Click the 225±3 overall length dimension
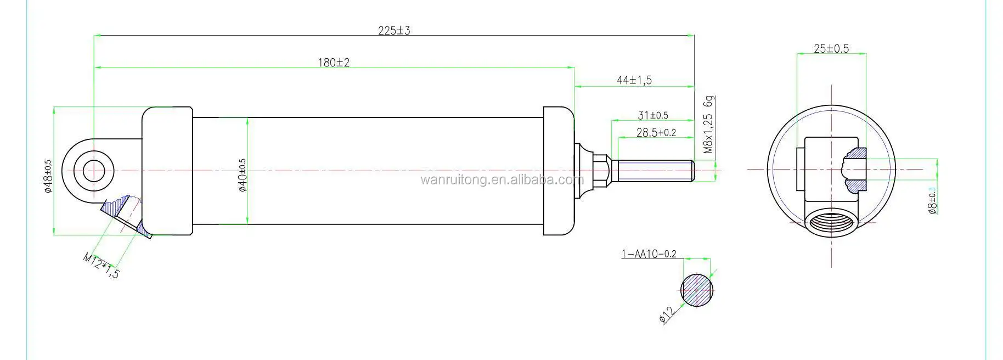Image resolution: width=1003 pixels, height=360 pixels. [x=394, y=31]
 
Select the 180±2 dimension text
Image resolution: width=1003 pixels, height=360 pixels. [x=334, y=63]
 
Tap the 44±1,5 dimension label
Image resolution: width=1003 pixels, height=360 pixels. [x=634, y=80]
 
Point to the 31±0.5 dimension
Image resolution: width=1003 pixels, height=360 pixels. [x=653, y=115]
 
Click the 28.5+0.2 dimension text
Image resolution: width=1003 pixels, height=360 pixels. [x=656, y=132]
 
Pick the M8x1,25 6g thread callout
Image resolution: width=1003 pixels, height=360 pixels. [x=708, y=125]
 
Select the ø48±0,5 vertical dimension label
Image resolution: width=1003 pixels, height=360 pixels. [x=48, y=177]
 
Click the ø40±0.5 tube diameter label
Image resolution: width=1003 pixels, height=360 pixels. [x=242, y=175]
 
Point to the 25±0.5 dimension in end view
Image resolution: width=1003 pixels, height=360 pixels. [x=831, y=48]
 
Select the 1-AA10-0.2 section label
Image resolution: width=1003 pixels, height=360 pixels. [x=649, y=254]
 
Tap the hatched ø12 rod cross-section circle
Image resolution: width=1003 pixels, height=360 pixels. [x=697, y=290]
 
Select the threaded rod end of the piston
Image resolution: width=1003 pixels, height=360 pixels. [x=653, y=170]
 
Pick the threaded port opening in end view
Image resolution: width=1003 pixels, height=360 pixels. [x=831, y=225]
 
